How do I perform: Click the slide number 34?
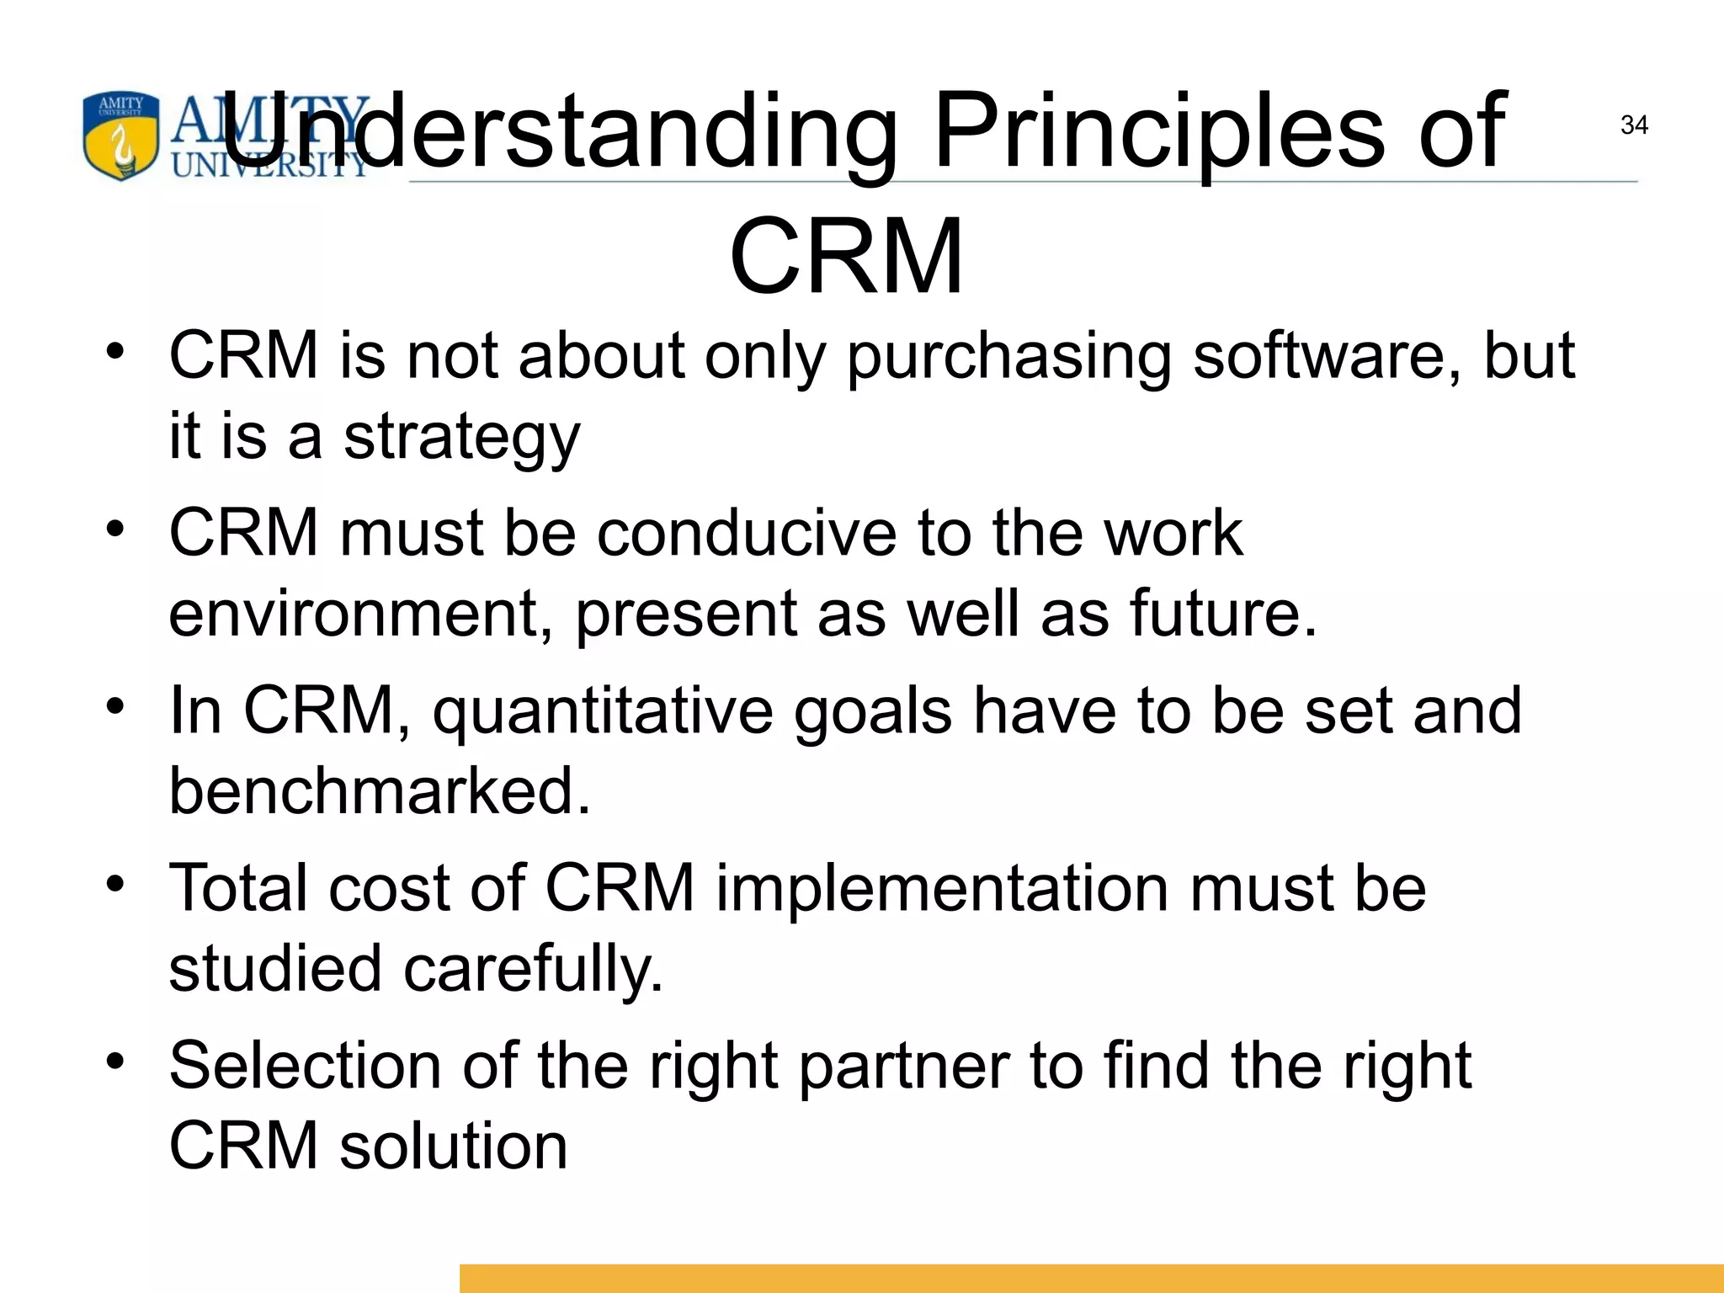click(x=1633, y=125)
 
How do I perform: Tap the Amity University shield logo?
click(x=120, y=136)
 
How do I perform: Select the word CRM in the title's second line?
click(x=846, y=256)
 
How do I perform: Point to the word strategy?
click(x=461, y=438)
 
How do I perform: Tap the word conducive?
click(x=746, y=533)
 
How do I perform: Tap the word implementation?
click(x=941, y=888)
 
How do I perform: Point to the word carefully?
click(x=533, y=969)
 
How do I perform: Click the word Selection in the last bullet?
click(x=305, y=1066)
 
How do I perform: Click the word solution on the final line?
click(x=453, y=1147)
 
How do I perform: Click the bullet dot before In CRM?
click(x=115, y=705)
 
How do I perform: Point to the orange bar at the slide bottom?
click(x=1091, y=1278)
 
